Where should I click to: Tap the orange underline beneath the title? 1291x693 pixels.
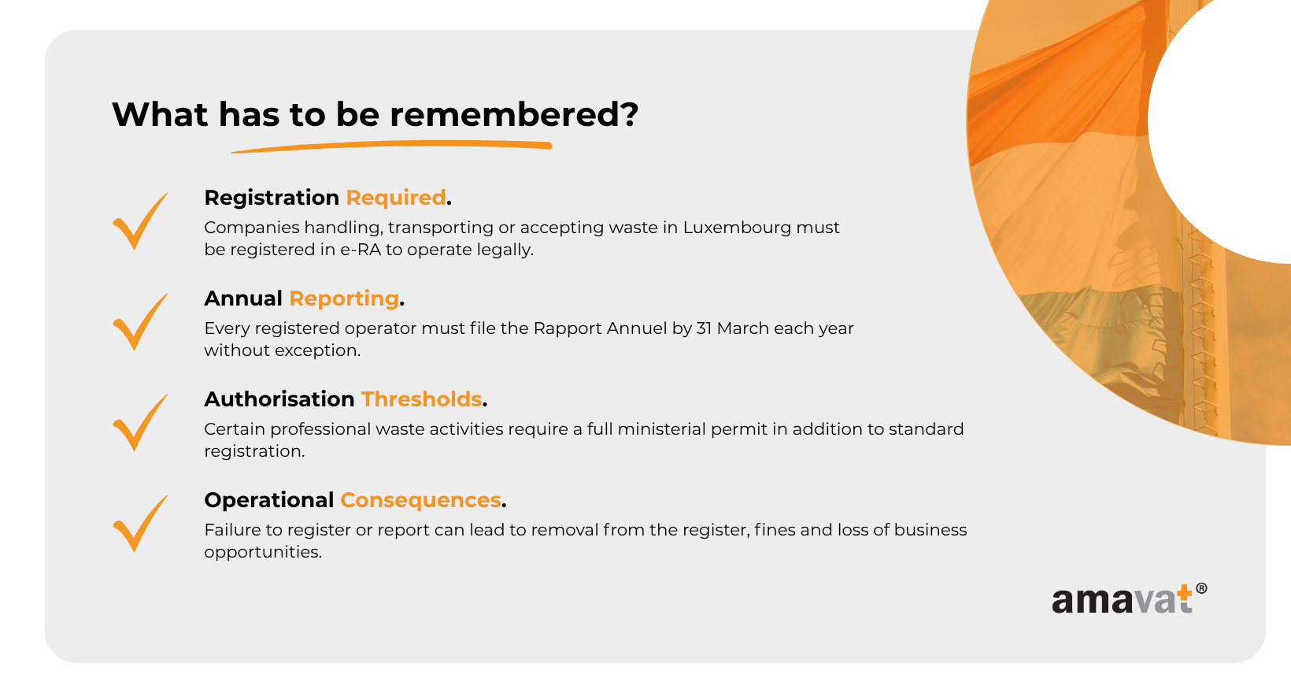(x=392, y=146)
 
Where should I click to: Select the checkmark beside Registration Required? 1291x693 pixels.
(x=140, y=220)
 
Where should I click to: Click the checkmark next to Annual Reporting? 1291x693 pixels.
(x=140, y=322)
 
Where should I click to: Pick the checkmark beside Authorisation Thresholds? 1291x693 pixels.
(x=140, y=423)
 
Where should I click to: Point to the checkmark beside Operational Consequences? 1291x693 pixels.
(x=140, y=524)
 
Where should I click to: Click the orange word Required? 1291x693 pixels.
(x=395, y=198)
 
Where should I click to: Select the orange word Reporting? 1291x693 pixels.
(x=343, y=298)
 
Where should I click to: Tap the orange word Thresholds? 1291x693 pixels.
(x=421, y=399)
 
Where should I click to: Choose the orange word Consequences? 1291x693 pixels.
(x=420, y=500)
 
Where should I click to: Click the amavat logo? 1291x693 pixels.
(x=1129, y=598)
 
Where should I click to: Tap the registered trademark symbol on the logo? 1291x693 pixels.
(x=1201, y=588)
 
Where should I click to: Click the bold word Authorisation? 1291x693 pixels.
(x=279, y=399)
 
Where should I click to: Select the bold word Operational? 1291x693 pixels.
(x=269, y=500)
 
